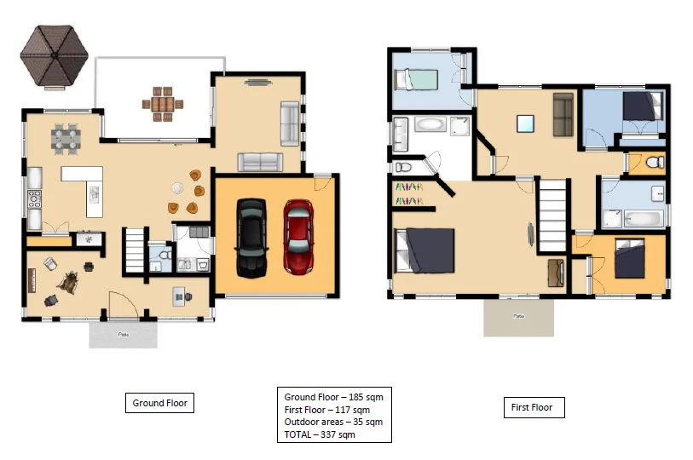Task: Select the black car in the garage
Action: [251, 238]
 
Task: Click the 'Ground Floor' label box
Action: [159, 403]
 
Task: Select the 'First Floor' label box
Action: [532, 407]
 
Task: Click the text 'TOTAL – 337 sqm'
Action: [320, 434]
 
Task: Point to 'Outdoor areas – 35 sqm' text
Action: [332, 422]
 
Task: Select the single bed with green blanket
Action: [416, 78]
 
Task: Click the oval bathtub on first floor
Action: [430, 127]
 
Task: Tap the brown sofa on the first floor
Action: [562, 115]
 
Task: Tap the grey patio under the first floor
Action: [518, 317]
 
